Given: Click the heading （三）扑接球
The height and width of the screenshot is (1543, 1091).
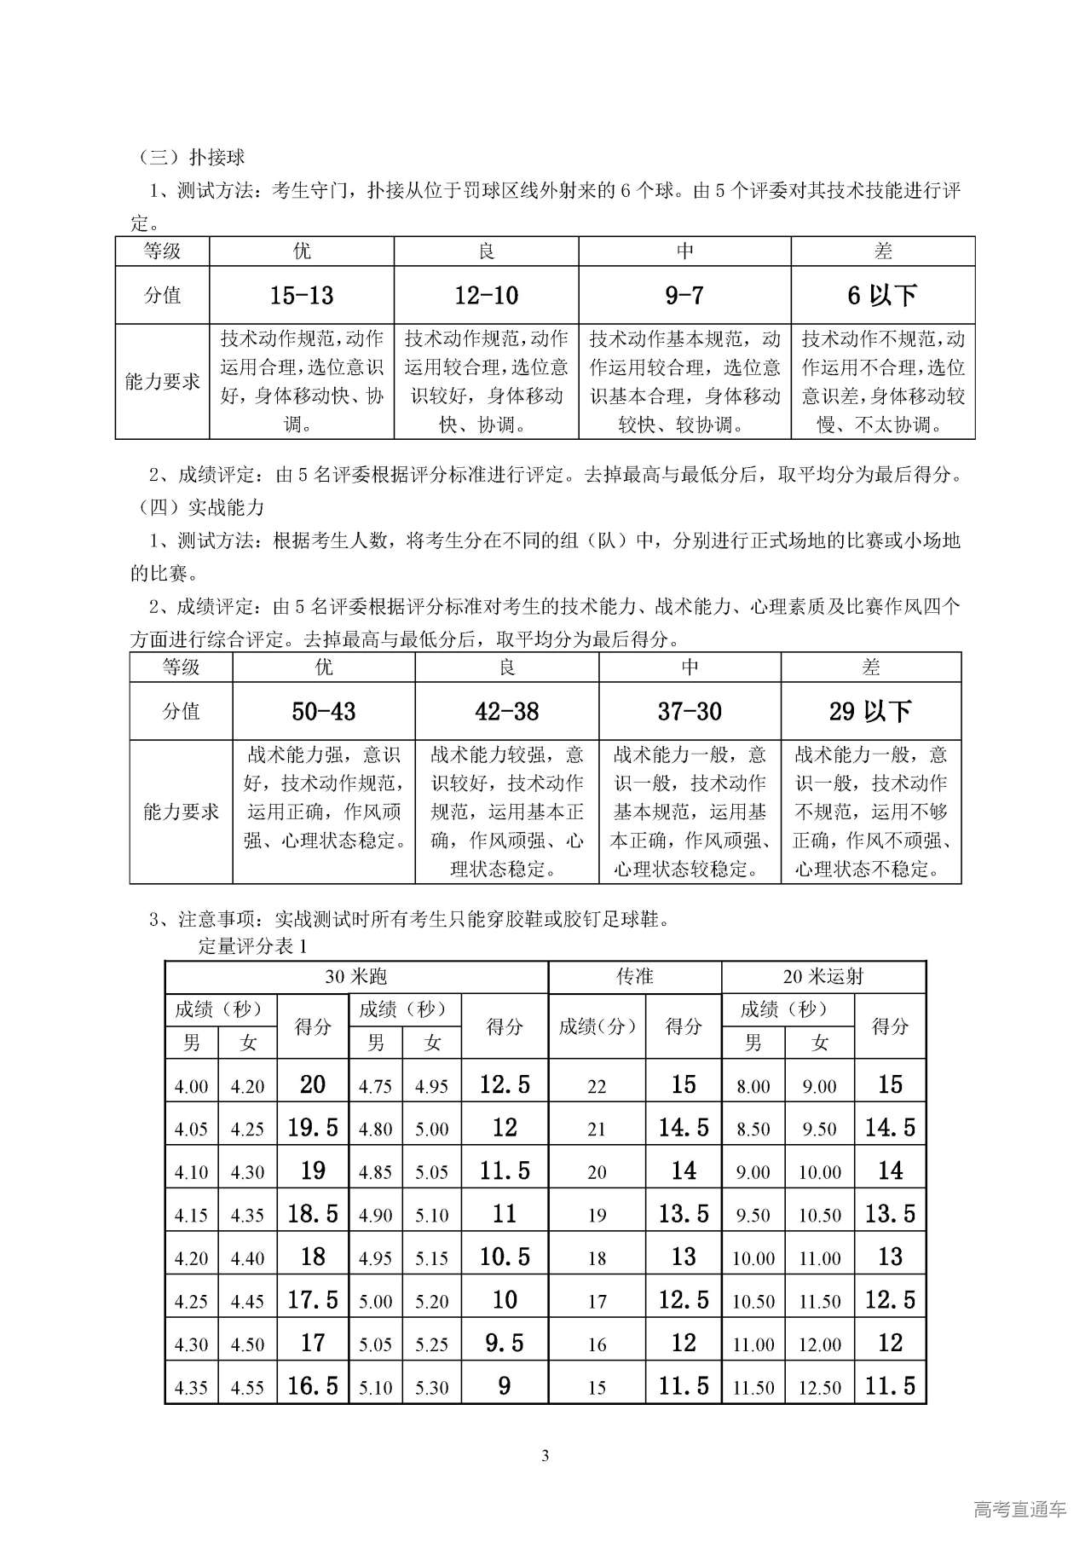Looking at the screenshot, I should (192, 157).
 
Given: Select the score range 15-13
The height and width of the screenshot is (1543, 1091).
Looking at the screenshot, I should (302, 296).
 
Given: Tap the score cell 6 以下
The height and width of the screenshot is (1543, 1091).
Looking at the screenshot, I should (882, 296).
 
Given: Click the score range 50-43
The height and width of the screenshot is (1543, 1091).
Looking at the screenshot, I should (324, 711).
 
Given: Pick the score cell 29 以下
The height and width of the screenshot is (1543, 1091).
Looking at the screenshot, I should (870, 711).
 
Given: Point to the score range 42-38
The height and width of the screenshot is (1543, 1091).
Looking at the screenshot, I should (507, 711).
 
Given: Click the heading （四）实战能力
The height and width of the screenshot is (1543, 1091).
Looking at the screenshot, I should (202, 508).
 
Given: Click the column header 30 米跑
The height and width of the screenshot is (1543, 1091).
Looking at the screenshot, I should (356, 977).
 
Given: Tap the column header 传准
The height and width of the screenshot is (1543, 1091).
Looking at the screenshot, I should (635, 977).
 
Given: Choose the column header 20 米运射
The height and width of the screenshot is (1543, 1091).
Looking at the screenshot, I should (823, 977).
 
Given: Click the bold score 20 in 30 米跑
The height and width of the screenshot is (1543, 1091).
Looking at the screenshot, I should (313, 1084).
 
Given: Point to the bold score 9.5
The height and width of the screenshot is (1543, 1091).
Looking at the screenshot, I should (505, 1344).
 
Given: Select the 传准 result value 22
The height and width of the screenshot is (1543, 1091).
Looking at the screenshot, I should (597, 1087).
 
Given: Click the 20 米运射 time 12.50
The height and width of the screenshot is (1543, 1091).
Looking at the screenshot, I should (820, 1388).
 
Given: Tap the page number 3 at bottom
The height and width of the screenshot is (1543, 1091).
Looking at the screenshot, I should (545, 1455).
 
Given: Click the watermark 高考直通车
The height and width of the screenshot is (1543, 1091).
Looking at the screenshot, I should (1019, 1509).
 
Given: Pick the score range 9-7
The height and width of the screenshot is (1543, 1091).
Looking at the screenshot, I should (684, 296).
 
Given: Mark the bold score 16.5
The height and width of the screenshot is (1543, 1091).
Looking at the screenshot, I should (313, 1386).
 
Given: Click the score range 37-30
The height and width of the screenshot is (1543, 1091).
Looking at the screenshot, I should (690, 711).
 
